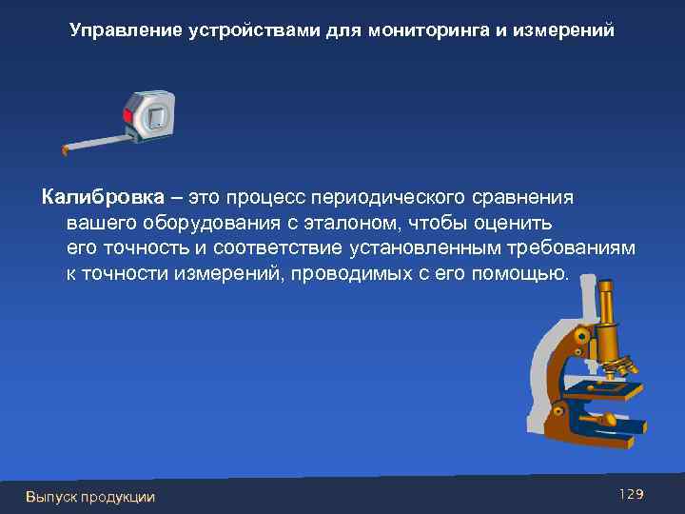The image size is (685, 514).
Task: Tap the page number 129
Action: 631,494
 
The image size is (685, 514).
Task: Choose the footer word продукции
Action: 118,496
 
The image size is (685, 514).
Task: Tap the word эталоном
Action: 360,223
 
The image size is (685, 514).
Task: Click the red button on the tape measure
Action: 127,115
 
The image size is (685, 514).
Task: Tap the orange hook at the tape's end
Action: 64,149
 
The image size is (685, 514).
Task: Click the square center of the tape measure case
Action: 157,118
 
